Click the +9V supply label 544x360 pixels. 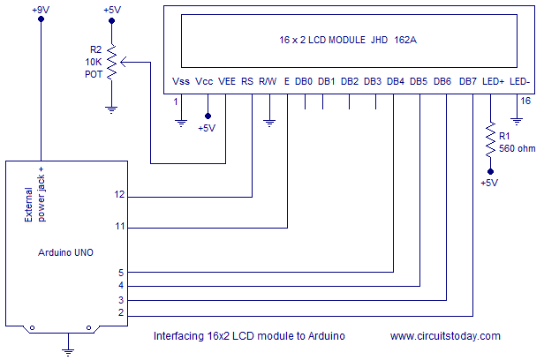tap(41, 10)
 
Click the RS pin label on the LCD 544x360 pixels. tap(247, 82)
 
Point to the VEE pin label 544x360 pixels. tap(227, 82)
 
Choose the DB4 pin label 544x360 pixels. tap(396, 82)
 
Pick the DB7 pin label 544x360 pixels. tap(469, 82)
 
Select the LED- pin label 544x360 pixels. tap(520, 82)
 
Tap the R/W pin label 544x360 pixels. tap(268, 82)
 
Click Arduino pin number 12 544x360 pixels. tap(120, 194)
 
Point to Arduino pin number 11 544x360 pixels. tap(120, 227)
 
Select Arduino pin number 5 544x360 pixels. tap(122, 273)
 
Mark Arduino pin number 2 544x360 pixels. tap(122, 313)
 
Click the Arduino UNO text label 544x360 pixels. tap(66, 252)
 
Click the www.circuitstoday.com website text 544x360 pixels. tap(445, 336)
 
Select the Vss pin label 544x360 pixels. tap(181, 82)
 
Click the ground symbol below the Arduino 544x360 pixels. tap(67, 350)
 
